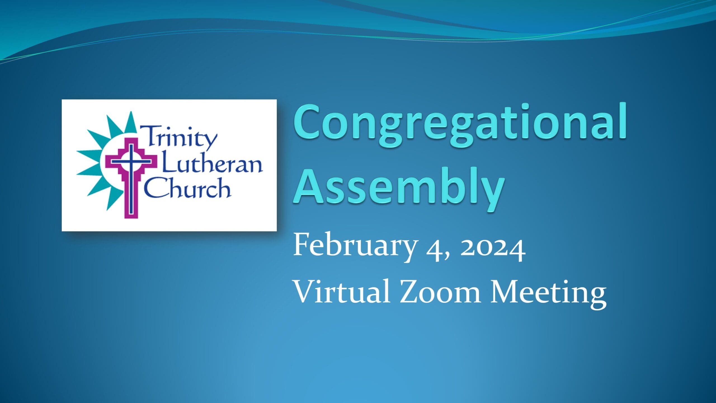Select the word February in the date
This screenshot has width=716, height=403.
354,247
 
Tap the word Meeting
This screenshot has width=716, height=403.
548,294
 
